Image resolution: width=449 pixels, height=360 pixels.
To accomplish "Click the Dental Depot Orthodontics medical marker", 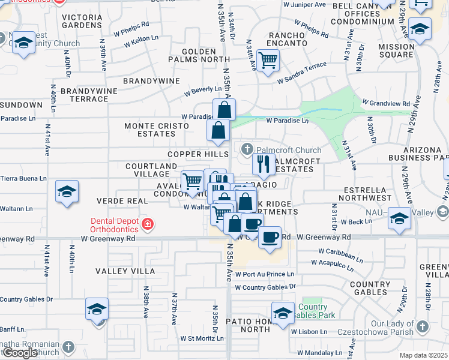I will tap(148, 225).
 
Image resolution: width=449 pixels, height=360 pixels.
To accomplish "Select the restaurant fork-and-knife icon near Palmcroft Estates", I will tap(263, 163).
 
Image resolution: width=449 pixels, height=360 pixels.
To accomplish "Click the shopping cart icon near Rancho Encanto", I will tap(268, 59).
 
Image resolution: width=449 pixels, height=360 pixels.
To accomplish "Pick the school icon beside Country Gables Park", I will tap(283, 312).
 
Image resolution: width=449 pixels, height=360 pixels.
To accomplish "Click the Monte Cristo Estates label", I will tap(156, 130).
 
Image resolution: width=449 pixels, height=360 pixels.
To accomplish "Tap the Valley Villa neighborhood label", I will tap(125, 271).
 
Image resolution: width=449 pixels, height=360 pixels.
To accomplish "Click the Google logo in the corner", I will tap(20, 352).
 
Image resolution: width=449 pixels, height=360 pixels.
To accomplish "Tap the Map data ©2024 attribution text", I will tap(423, 355).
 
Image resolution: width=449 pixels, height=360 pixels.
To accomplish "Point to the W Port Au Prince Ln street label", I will tap(265, 274).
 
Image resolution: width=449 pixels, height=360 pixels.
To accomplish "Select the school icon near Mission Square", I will tap(420, 29).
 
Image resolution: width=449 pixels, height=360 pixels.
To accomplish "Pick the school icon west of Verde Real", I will tap(67, 191).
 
